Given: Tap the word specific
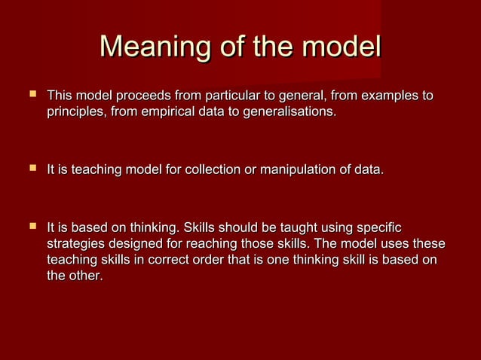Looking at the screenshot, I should click(x=378, y=227).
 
